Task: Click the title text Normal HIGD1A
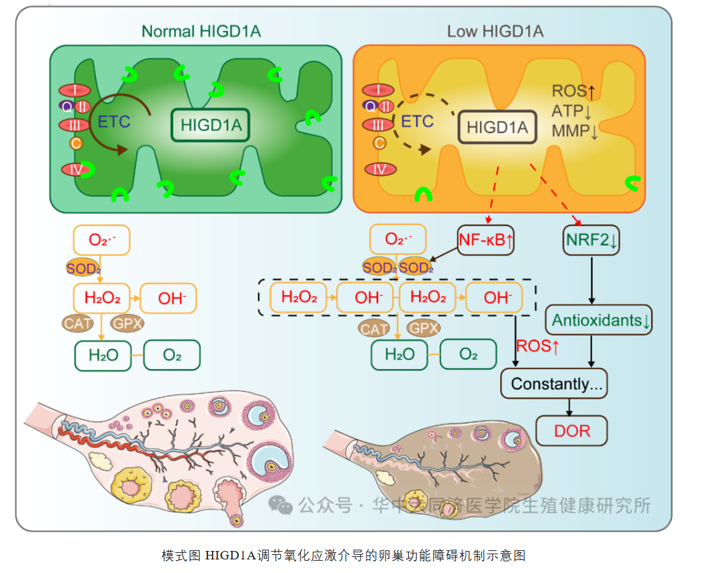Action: click(x=201, y=31)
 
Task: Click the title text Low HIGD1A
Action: click(x=496, y=31)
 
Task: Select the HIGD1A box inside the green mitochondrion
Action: click(x=211, y=125)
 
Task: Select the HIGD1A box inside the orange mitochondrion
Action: click(x=498, y=126)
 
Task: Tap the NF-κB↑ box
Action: click(x=487, y=240)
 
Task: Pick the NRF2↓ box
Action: click(x=591, y=240)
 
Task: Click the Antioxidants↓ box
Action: click(x=599, y=320)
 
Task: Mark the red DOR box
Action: click(x=572, y=431)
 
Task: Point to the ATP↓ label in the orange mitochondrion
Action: click(x=574, y=111)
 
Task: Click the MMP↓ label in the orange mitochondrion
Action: click(x=575, y=131)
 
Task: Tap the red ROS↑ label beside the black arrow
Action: click(x=538, y=346)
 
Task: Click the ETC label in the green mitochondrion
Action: click(x=114, y=121)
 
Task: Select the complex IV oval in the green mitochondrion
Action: click(x=76, y=170)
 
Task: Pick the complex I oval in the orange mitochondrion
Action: click(x=378, y=90)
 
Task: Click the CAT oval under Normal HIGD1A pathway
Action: click(x=78, y=322)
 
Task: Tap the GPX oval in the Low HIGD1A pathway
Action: click(x=425, y=328)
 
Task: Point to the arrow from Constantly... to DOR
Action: click(x=570, y=407)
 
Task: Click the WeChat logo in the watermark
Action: click(x=281, y=505)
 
